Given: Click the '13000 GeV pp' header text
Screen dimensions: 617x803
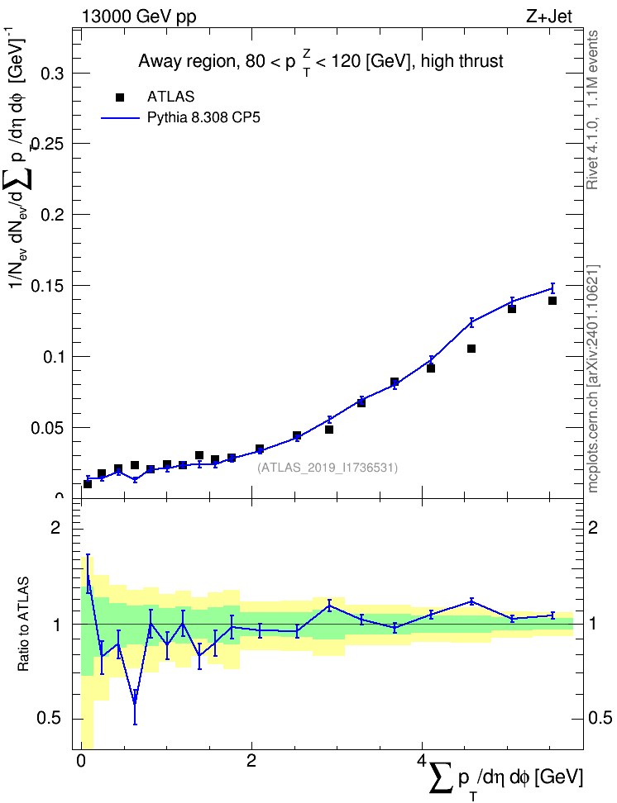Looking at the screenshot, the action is (138, 17).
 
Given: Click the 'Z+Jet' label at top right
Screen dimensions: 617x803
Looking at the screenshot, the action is (548, 17).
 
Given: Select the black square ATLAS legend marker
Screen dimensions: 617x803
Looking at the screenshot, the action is (120, 97).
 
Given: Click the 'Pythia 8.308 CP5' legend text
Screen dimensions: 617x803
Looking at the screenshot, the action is (203, 118).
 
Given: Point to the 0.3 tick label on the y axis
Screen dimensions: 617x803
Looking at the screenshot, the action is (52, 74).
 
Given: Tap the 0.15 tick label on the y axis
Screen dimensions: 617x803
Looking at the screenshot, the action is (48, 286).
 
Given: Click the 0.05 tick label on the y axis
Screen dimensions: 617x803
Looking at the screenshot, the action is (48, 428).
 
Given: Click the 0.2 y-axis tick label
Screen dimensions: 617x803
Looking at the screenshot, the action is (52, 215).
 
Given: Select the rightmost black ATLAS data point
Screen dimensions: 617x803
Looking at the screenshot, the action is (552, 301).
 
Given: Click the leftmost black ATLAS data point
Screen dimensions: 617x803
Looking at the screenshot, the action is (88, 484).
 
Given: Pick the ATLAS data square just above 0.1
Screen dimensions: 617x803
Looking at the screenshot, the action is (471, 349).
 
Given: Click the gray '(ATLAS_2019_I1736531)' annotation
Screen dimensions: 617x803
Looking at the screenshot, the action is (328, 468).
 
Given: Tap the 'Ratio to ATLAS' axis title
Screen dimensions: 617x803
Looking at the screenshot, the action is (24, 624).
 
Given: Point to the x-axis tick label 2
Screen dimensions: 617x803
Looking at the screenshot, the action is (251, 761).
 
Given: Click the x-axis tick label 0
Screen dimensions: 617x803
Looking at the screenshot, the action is (81, 761).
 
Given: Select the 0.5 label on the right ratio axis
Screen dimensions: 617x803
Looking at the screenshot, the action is (599, 719).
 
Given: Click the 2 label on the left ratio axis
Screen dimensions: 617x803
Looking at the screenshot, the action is (55, 527).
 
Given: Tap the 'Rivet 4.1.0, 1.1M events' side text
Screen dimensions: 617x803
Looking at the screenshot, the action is (593, 110).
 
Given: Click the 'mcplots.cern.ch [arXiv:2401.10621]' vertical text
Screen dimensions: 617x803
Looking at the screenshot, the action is (593, 379).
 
